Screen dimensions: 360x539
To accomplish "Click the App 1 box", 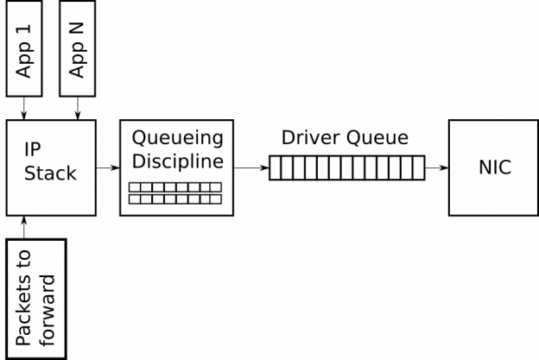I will (24, 48).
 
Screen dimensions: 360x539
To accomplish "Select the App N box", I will (77, 48).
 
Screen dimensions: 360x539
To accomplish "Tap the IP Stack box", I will (50, 167).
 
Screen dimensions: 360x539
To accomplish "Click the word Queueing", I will (176, 138).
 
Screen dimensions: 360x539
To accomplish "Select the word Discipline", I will (176, 161).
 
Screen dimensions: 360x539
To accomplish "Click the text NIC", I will (494, 167).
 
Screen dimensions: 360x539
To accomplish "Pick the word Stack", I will (50, 174).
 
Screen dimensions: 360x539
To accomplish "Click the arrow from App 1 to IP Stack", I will (24, 108).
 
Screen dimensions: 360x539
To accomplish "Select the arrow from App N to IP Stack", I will (78, 108).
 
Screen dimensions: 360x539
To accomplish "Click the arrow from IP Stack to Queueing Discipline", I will (107, 167).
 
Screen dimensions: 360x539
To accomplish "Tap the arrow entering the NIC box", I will (436, 167).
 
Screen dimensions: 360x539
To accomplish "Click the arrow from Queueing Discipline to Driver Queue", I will (250, 167).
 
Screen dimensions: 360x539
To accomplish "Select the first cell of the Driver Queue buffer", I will (276, 167).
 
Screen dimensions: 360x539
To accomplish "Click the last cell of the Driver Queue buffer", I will (418, 167).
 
